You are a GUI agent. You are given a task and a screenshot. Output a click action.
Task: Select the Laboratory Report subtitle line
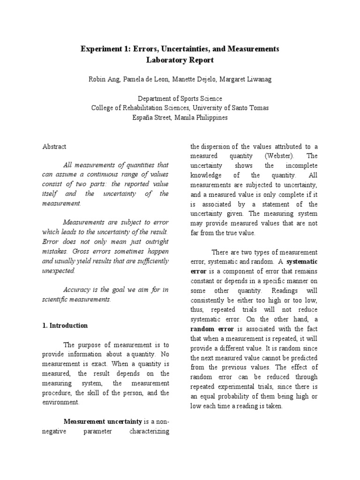pos(180,60)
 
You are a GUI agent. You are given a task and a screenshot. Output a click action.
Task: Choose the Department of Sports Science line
pos(180,98)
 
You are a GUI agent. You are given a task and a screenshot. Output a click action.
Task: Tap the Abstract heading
pos(54,146)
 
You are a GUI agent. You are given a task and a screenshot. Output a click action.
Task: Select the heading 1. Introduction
pos(65,325)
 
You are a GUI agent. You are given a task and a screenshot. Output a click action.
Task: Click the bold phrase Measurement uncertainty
pos(96,421)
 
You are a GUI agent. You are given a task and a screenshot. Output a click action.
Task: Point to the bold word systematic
pos(302,262)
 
